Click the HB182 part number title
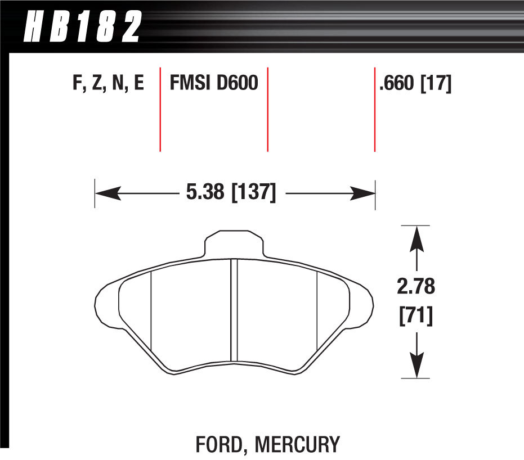(x=82, y=26)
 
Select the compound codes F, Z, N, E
(x=109, y=84)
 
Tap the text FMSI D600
(x=214, y=84)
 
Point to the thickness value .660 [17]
(x=415, y=84)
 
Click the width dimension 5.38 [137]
(x=230, y=193)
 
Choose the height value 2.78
(x=416, y=287)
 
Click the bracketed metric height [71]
(x=416, y=317)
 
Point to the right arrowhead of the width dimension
(x=363, y=194)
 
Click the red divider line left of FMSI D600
(x=160, y=110)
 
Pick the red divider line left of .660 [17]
(x=375, y=110)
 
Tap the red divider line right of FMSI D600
(x=267, y=110)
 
